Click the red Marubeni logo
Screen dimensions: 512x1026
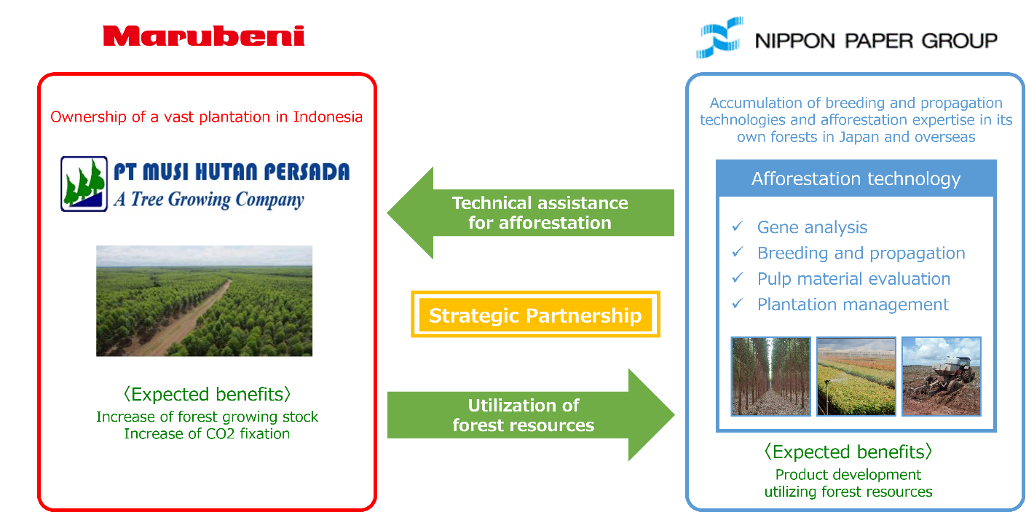click(204, 36)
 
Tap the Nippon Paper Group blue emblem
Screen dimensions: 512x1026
click(719, 39)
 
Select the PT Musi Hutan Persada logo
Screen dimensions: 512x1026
click(204, 184)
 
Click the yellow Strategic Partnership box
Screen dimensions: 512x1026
click(535, 315)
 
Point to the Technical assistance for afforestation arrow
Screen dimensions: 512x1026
click(530, 213)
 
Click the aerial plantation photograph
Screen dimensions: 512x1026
click(204, 301)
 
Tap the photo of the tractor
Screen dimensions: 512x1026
click(942, 376)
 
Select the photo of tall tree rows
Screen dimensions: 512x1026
click(770, 376)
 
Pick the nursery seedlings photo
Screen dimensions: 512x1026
click(856, 376)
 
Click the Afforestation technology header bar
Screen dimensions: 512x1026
click(856, 178)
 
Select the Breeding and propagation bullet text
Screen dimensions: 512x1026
click(861, 253)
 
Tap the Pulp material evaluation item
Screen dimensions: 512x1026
click(853, 279)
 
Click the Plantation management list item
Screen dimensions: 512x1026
click(853, 304)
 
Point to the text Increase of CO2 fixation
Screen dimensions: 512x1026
click(207, 434)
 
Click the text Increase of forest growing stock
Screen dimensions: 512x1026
click(207, 417)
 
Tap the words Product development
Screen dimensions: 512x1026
click(848, 475)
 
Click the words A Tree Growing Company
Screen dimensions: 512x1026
click(208, 199)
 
